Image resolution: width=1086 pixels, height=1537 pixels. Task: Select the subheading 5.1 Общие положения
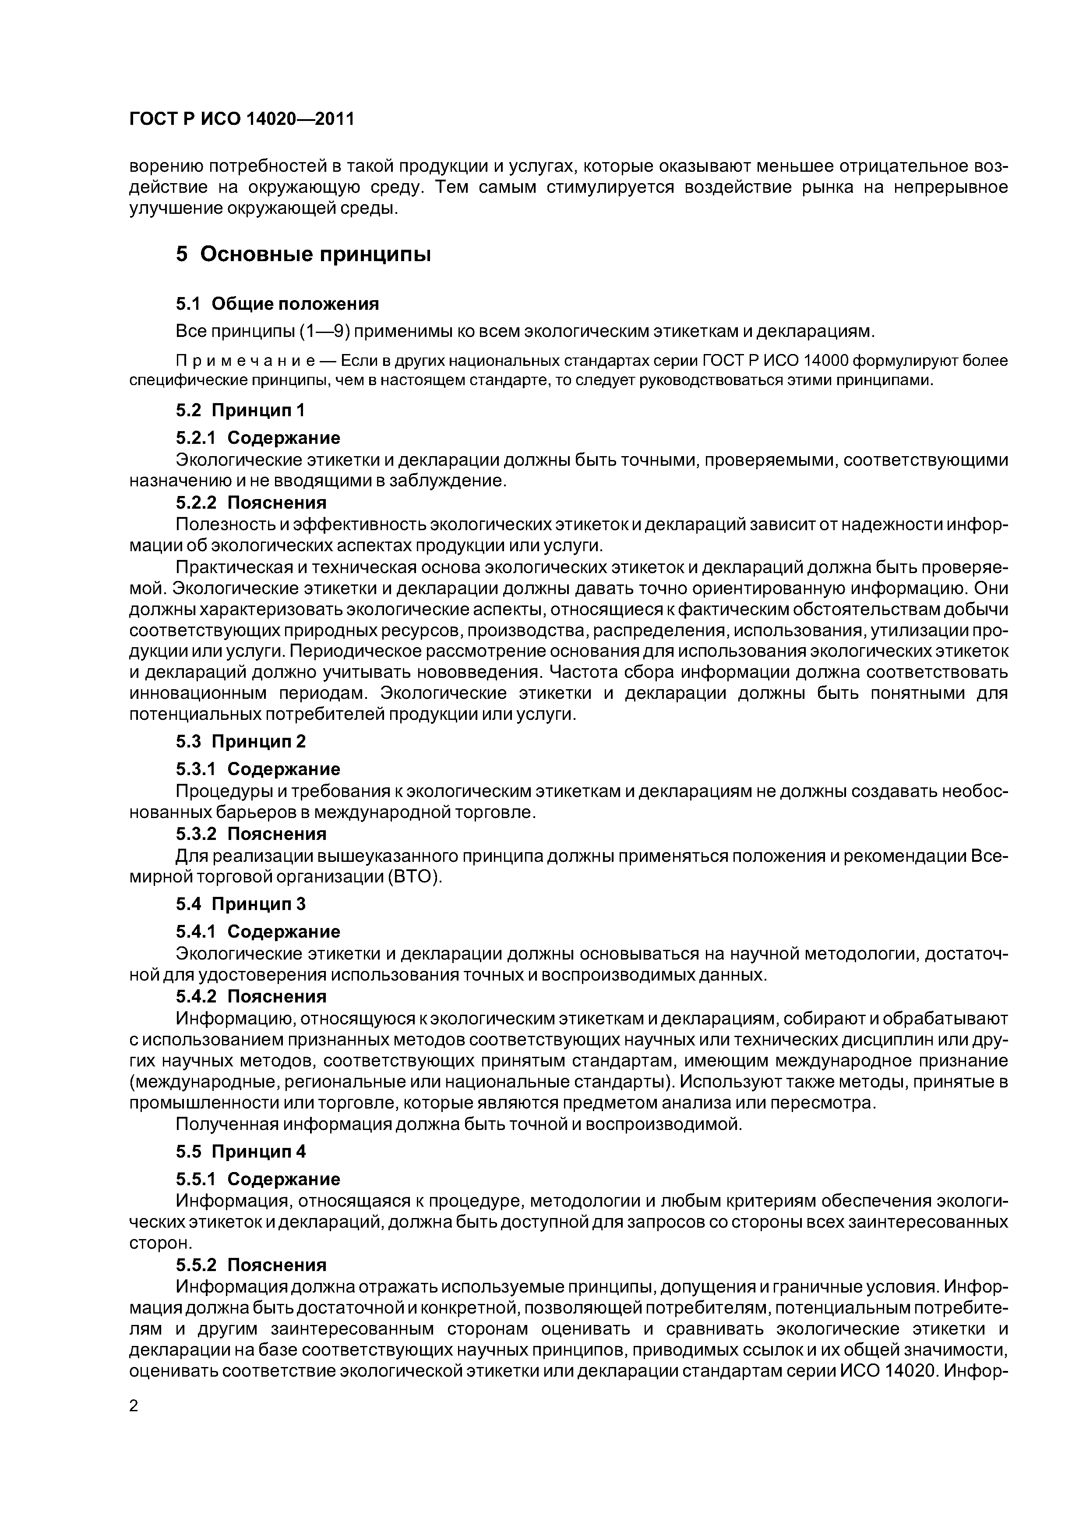click(x=277, y=304)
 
